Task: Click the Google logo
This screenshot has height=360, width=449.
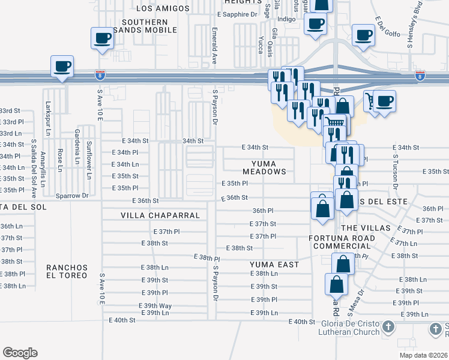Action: tap(20, 353)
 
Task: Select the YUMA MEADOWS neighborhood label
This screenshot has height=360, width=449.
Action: tap(264, 167)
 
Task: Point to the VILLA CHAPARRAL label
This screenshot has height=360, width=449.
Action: tap(152, 214)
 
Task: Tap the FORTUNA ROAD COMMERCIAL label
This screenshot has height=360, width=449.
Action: tap(342, 242)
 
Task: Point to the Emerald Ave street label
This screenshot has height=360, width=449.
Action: tap(214, 46)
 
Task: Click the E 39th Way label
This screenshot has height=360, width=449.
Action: tap(158, 305)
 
